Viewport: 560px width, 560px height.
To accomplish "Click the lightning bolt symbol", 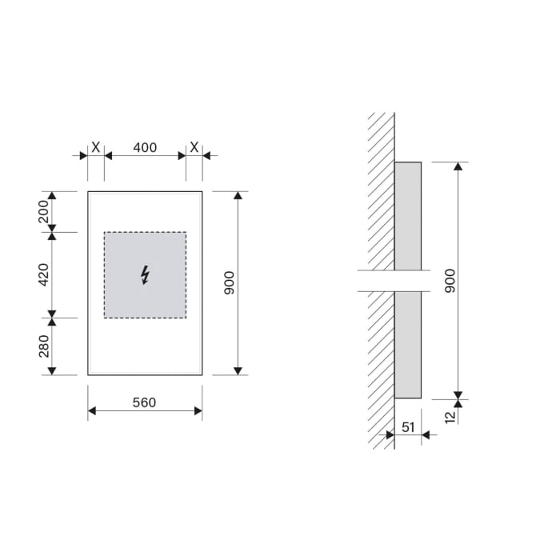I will [145, 275].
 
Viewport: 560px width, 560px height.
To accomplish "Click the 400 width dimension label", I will [145, 148].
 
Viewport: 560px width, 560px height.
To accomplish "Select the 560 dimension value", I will [145, 402].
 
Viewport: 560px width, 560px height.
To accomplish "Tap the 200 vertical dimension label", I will [44, 212].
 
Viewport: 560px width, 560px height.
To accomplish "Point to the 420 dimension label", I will [44, 274].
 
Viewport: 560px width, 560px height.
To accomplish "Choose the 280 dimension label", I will [44, 346].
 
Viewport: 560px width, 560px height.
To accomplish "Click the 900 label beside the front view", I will [230, 282].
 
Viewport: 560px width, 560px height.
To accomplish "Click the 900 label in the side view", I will [450, 280].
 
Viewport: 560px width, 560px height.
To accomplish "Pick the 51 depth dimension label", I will [408, 427].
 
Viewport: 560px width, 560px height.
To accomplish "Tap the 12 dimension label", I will [450, 415].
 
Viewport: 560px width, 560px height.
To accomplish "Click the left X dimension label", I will [96, 148].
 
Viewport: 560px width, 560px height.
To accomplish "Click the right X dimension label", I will [194, 148].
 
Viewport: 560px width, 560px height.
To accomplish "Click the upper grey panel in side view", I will [408, 216].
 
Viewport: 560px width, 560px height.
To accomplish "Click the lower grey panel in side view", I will [408, 344].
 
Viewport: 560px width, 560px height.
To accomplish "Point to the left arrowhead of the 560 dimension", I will [92, 411].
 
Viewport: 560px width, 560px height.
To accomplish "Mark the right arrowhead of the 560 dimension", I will [198, 411].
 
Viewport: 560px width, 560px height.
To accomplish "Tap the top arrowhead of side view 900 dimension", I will [458, 166].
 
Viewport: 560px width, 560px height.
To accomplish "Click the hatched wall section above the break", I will [381, 192].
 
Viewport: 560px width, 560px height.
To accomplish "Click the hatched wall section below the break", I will [381, 368].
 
